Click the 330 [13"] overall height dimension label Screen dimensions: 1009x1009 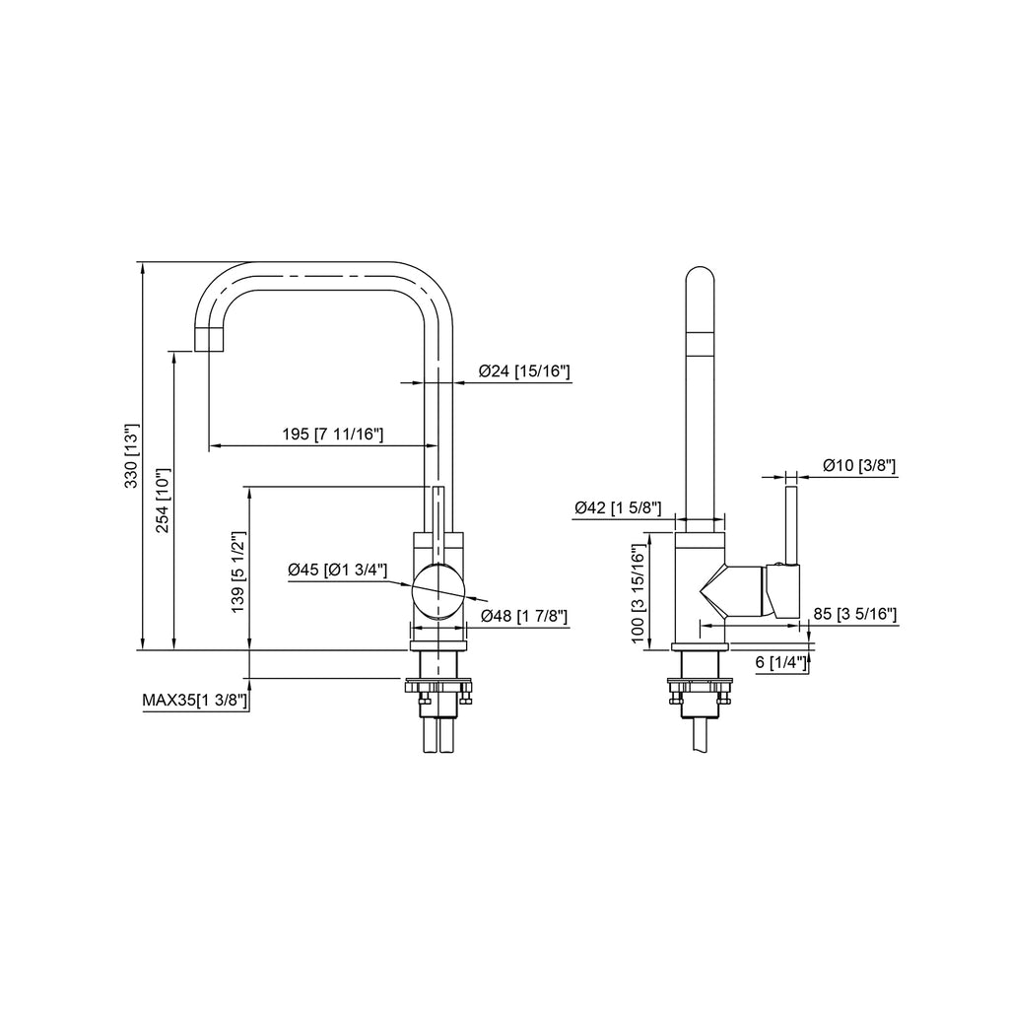pyautogui.click(x=131, y=456)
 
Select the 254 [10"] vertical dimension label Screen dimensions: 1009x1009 pyautogui.click(x=163, y=501)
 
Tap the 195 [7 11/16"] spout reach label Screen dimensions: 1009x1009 pyautogui.click(x=333, y=435)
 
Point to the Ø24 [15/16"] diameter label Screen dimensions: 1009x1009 pyautogui.click(x=524, y=371)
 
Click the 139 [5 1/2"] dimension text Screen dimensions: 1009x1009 pyautogui.click(x=238, y=572)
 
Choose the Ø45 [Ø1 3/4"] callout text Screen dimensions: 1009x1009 pyautogui.click(x=338, y=570)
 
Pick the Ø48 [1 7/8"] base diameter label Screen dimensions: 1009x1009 pyautogui.click(x=524, y=616)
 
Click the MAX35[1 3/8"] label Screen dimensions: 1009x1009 pyautogui.click(x=195, y=701)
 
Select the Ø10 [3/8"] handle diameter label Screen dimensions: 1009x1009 pyautogui.click(x=859, y=465)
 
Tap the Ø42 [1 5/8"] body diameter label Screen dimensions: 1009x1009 pyautogui.click(x=618, y=508)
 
